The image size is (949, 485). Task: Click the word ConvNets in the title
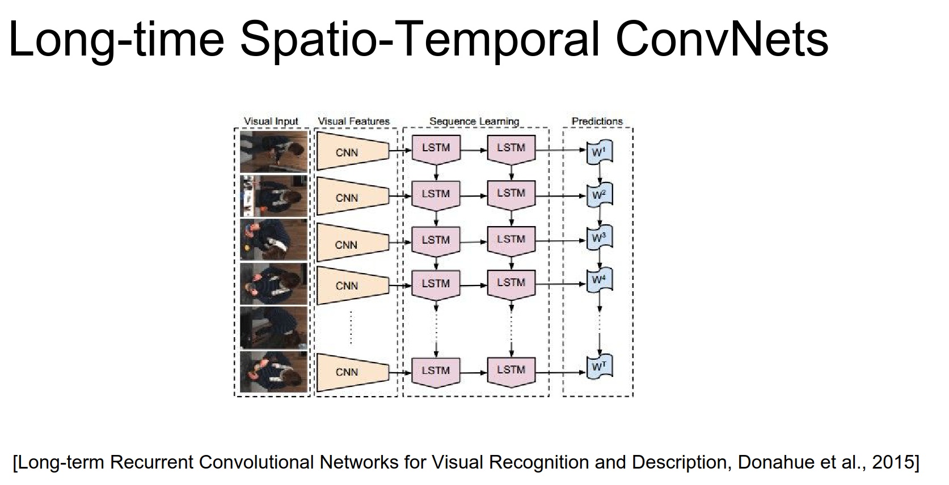(722, 40)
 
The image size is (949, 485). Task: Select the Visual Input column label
(271, 121)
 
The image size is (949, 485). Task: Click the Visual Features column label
(353, 121)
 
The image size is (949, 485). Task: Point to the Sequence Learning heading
(474, 121)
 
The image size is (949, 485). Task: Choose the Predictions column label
(597, 121)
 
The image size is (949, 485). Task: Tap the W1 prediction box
(599, 152)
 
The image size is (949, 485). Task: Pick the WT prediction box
(599, 367)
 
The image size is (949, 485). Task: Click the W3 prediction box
(599, 238)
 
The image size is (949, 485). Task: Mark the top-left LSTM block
(436, 148)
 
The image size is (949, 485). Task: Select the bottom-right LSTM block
(511, 371)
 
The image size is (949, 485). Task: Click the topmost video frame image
(273, 152)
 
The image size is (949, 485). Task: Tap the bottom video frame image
(273, 372)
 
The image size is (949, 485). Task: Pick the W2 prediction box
(599, 195)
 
